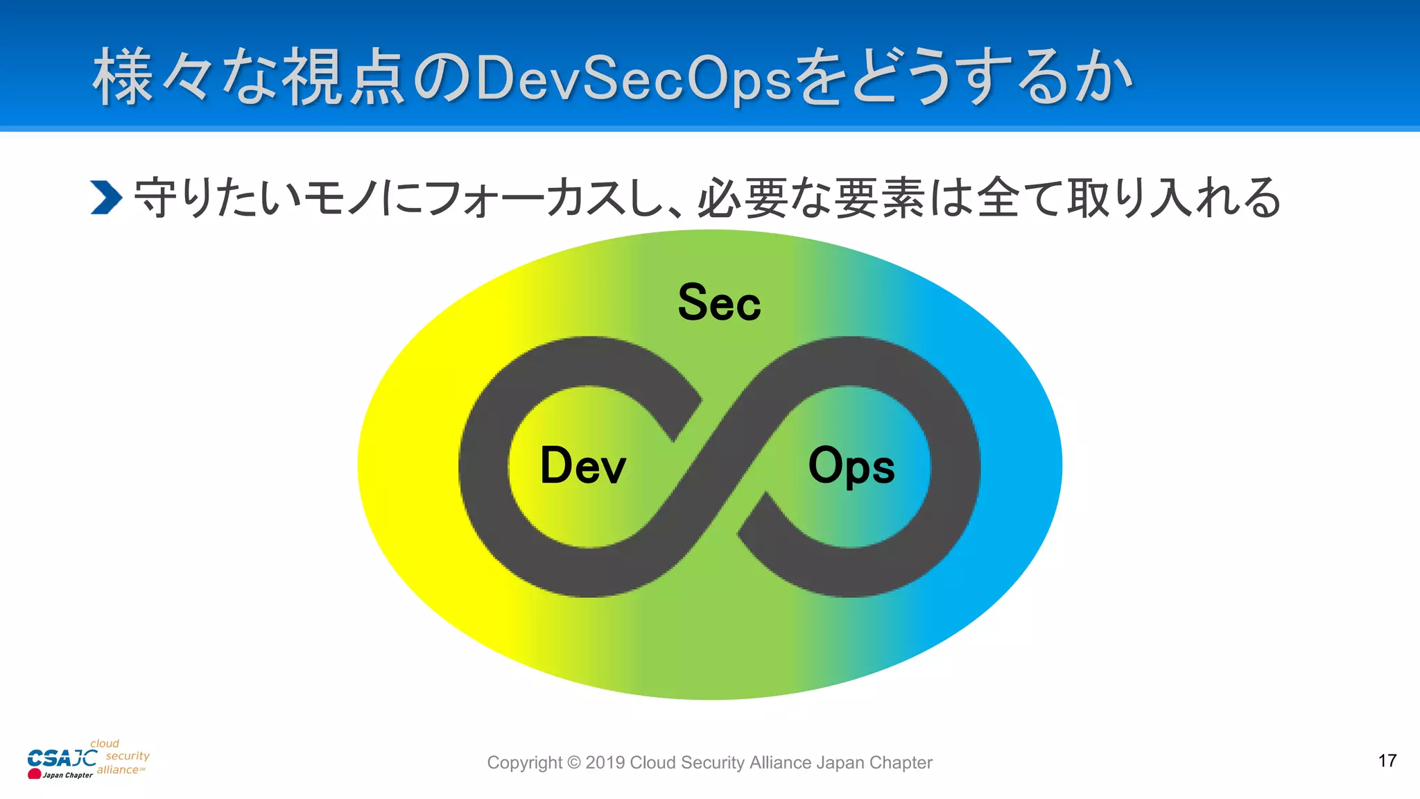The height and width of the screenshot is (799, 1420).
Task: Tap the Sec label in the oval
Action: pyautogui.click(x=719, y=303)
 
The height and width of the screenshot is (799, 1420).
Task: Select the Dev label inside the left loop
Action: pyautogui.click(x=582, y=465)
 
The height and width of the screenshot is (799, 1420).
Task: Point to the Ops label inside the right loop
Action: pyautogui.click(x=851, y=466)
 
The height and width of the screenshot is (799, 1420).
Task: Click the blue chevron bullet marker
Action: pyautogui.click(x=106, y=198)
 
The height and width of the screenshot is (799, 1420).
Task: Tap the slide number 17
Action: pyautogui.click(x=1387, y=761)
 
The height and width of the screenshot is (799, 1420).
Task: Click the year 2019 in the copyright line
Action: pyautogui.click(x=605, y=763)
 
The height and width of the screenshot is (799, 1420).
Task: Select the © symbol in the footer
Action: pyautogui.click(x=574, y=763)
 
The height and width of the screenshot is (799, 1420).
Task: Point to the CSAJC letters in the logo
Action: pyautogui.click(x=62, y=758)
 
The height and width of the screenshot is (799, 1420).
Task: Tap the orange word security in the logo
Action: pyautogui.click(x=128, y=756)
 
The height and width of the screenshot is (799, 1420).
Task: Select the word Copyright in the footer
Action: pyautogui.click(x=524, y=763)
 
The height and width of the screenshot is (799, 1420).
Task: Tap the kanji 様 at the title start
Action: pyautogui.click(x=123, y=78)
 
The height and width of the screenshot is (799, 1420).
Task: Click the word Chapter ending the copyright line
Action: pyautogui.click(x=901, y=763)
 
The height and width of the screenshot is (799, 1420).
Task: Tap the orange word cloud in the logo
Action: pyautogui.click(x=105, y=744)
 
